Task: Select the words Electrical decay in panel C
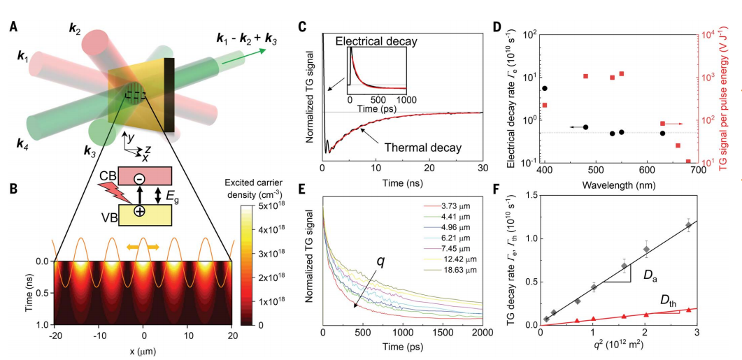pyautogui.click(x=376, y=41)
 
